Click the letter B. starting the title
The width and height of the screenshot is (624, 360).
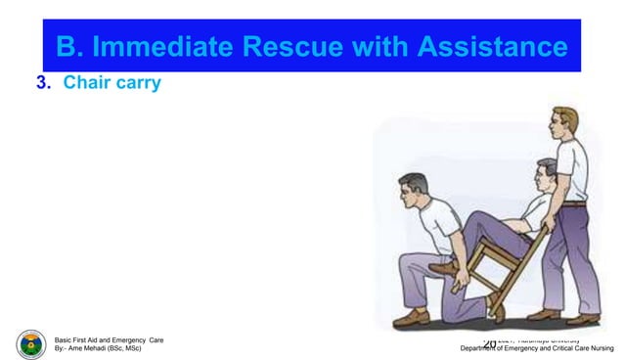[69, 46]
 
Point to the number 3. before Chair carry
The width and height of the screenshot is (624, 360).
[43, 82]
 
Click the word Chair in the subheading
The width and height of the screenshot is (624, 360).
[85, 82]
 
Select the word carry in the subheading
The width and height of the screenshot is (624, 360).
[136, 82]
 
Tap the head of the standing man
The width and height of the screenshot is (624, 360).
[564, 121]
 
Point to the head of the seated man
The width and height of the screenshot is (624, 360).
[546, 172]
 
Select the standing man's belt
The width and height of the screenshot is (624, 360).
[574, 202]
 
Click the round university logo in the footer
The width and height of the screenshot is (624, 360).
[31, 344]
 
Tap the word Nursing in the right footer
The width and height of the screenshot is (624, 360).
[600, 348]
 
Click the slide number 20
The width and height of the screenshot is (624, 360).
[490, 343]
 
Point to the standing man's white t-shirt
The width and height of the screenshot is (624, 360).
[572, 166]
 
